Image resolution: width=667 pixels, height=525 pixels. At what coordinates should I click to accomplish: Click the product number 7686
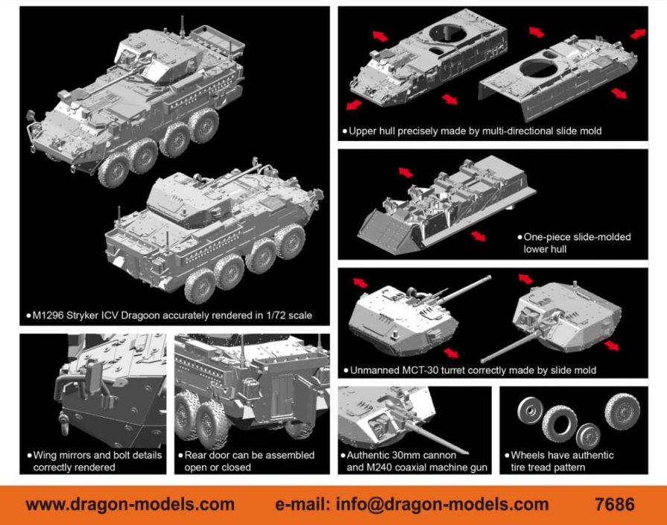coord(615,504)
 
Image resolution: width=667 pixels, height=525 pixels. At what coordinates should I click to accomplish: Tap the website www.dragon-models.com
coord(130,504)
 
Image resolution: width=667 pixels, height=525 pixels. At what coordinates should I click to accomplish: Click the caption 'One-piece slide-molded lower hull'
coord(577,242)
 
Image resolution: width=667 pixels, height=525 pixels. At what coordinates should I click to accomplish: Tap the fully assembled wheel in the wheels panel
coord(622,411)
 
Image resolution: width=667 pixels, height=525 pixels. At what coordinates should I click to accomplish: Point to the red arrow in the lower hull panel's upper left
coord(405,173)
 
